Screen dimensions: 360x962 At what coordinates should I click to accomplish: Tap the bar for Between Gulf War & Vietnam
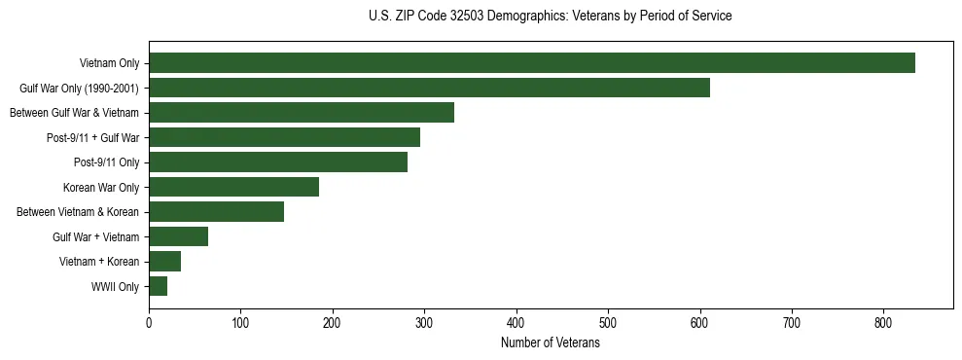(302, 113)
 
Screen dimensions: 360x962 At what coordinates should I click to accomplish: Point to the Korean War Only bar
(233, 187)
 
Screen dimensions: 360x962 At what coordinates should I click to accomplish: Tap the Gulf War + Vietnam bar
(178, 236)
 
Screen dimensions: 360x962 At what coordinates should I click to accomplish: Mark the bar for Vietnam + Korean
(164, 262)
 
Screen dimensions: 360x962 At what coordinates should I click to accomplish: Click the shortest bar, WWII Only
(158, 286)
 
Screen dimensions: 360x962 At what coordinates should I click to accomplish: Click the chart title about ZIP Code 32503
(550, 17)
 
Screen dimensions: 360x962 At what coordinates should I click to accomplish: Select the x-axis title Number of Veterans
(550, 343)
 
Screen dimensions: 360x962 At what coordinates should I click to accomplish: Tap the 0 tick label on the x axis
(149, 322)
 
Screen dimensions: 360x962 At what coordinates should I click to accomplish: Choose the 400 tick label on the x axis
(516, 322)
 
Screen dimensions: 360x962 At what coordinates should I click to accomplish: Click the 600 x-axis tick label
(699, 322)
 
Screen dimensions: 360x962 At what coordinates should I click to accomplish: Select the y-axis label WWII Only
(115, 287)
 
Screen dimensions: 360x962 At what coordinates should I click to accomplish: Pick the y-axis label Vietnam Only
(109, 64)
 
